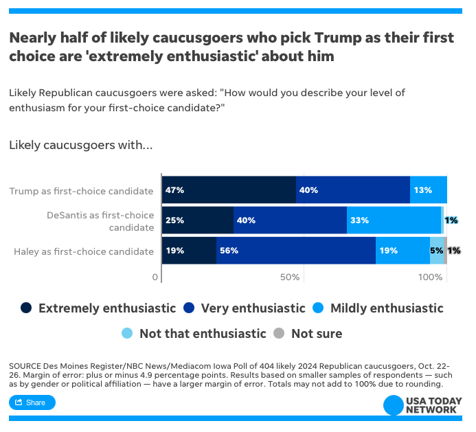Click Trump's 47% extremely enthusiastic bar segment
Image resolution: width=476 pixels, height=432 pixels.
[x=229, y=190]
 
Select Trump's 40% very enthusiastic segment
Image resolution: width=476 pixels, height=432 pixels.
[x=353, y=190]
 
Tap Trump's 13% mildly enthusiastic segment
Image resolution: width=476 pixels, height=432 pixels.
[x=429, y=190]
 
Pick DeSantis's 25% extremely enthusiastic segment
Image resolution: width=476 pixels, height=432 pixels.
[x=198, y=220]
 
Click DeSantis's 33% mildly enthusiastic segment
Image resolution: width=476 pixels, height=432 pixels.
[x=394, y=220]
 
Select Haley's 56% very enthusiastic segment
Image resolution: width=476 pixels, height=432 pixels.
[x=296, y=251]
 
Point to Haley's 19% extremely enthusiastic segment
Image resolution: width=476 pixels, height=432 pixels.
[x=189, y=251]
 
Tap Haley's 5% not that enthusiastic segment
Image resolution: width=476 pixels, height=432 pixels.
[x=437, y=251]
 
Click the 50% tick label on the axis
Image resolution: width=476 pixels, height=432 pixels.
[x=291, y=277]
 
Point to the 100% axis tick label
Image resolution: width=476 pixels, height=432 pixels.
[x=431, y=277]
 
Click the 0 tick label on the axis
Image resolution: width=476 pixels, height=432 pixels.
[x=155, y=277]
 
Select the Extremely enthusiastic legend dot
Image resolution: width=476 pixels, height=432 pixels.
[x=27, y=308]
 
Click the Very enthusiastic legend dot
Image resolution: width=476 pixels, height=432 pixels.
[x=190, y=308]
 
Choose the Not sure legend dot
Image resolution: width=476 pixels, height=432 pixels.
[x=279, y=334]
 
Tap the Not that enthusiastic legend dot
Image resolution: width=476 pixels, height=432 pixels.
[x=127, y=334]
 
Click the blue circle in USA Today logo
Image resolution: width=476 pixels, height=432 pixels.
[x=393, y=405]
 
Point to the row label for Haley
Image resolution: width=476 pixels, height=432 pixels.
[x=84, y=251]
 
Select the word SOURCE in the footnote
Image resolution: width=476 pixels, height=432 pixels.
[x=24, y=365]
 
